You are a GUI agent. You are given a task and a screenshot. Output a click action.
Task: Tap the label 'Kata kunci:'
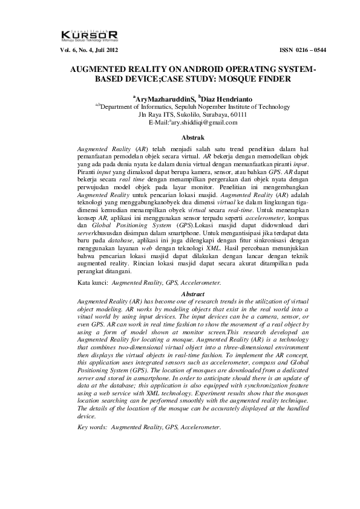coord(93,282)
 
